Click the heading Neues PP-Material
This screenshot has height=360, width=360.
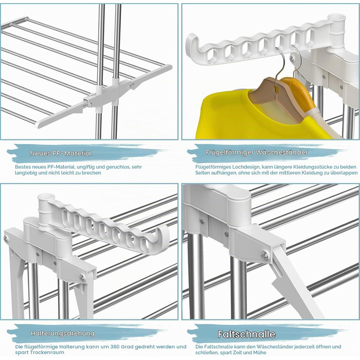coord(61,153)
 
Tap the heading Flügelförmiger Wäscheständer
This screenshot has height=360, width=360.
coord(257,152)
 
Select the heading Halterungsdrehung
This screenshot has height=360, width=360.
coord(63,333)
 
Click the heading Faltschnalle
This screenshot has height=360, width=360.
coord(246,334)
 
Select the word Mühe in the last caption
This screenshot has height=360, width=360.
coord(259,352)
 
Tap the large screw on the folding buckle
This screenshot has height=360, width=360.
coord(264,255)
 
